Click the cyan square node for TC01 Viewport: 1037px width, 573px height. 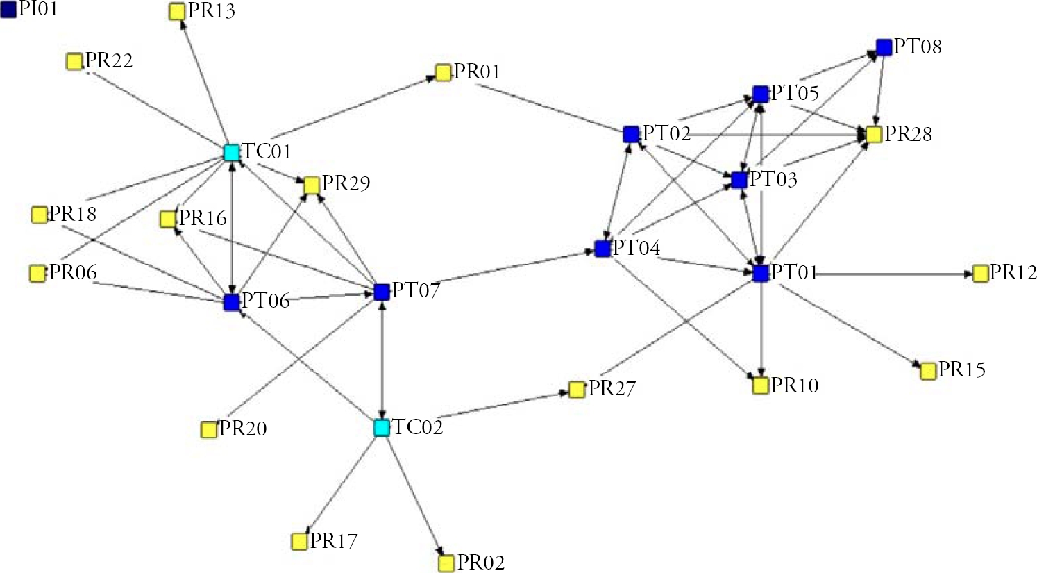pyautogui.click(x=231, y=152)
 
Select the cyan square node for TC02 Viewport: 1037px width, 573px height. pyautogui.click(x=382, y=428)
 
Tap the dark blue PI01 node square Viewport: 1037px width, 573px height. pyautogui.click(x=9, y=9)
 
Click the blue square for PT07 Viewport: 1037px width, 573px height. pyautogui.click(x=382, y=292)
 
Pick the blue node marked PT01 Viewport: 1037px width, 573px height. pyautogui.click(x=761, y=273)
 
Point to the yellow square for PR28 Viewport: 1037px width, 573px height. pyautogui.click(x=874, y=135)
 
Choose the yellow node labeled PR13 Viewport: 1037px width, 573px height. pyautogui.click(x=177, y=12)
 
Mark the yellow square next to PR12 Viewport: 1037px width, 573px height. pyautogui.click(x=981, y=274)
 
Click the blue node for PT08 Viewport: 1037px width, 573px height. pyautogui.click(x=884, y=47)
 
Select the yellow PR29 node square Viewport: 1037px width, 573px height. pyautogui.click(x=312, y=185)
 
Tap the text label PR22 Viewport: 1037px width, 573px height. pyautogui.click(x=109, y=60)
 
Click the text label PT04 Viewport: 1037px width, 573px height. pyautogui.click(x=636, y=248)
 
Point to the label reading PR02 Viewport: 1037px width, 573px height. pyautogui.click(x=481, y=563)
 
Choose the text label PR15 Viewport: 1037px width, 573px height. pyautogui.click(x=961, y=369)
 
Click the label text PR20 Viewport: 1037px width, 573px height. pyautogui.click(x=242, y=429)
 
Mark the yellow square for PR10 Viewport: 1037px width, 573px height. pyautogui.click(x=761, y=385)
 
